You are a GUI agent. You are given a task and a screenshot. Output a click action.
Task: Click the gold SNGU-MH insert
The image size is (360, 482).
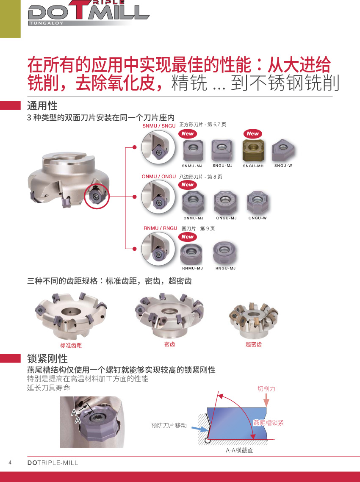(x=253, y=151)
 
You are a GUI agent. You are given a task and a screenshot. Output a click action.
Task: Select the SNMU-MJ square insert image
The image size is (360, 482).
(x=193, y=151)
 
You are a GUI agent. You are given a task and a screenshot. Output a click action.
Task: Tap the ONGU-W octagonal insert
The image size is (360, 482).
(x=258, y=202)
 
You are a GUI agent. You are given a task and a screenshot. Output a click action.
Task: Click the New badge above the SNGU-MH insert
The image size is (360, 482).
(x=253, y=134)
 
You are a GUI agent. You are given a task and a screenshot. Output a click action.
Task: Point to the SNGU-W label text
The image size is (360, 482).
(x=283, y=165)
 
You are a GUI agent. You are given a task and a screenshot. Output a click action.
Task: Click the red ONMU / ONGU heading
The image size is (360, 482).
(x=159, y=177)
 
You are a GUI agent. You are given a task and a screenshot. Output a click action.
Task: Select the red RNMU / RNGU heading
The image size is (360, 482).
(x=160, y=228)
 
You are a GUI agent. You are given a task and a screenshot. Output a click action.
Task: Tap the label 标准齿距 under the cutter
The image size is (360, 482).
(x=71, y=345)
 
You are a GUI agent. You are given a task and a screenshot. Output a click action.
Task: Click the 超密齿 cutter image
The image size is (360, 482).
(x=254, y=320)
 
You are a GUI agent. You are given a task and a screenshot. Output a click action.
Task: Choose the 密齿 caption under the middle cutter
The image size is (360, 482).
(x=169, y=344)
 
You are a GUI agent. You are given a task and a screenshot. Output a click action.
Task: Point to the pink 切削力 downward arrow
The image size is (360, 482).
(x=266, y=400)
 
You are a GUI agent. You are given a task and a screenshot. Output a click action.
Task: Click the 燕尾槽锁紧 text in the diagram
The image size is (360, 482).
(x=269, y=423)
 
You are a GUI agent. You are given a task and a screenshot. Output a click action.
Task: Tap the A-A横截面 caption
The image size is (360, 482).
(x=240, y=450)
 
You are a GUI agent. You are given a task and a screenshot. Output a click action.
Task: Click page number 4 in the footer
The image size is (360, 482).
(x=10, y=463)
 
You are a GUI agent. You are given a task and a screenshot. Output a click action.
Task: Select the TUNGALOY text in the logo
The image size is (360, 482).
(x=47, y=23)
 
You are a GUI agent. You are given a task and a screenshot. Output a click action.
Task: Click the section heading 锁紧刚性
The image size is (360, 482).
(x=47, y=358)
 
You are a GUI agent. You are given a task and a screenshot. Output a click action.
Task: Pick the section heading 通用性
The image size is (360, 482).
(x=42, y=106)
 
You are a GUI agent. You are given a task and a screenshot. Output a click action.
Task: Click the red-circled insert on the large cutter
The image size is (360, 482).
(x=97, y=197)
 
